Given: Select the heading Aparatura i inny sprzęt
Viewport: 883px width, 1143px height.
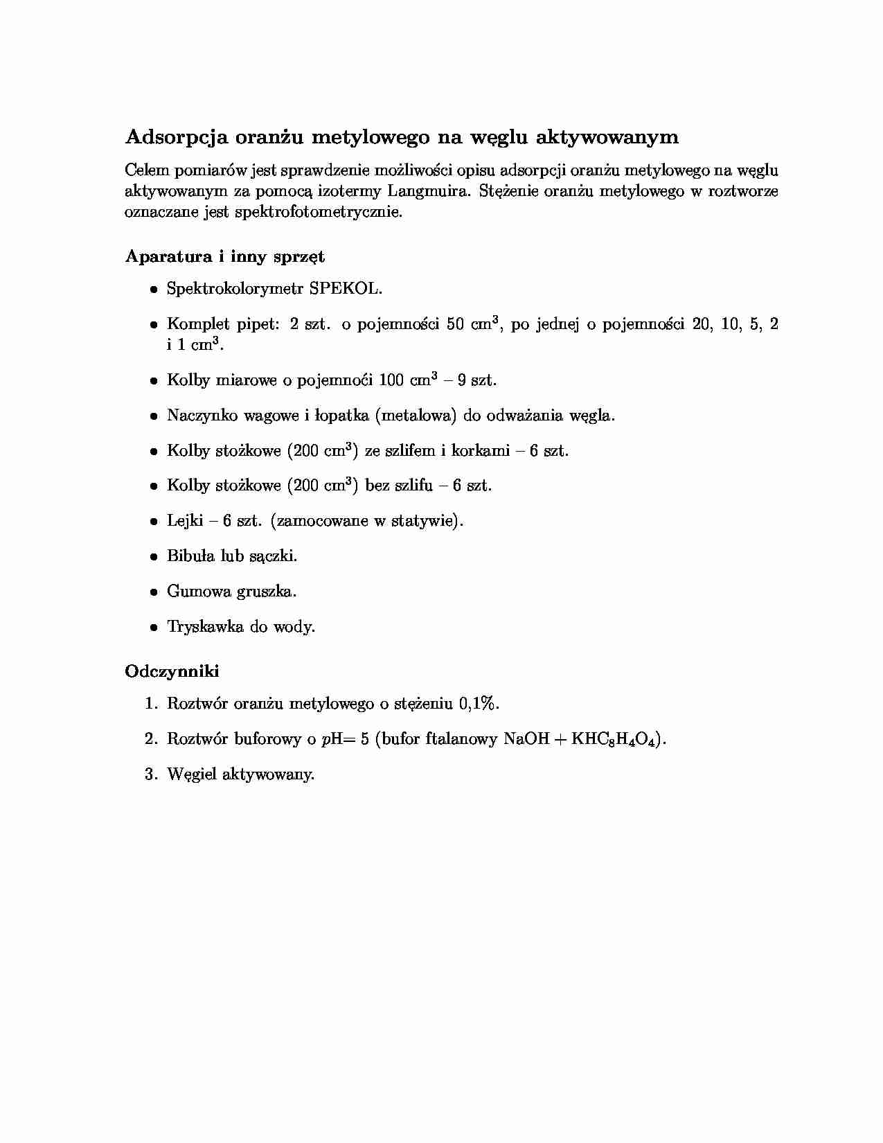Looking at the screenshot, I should click(x=224, y=256).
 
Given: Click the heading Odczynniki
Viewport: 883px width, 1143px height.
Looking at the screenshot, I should click(x=172, y=671).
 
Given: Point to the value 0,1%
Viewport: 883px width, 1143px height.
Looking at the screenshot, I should click(x=479, y=704).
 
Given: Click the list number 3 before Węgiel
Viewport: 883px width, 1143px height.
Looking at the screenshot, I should click(x=150, y=774).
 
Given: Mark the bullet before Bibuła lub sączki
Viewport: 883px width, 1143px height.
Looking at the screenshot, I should click(x=154, y=556).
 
